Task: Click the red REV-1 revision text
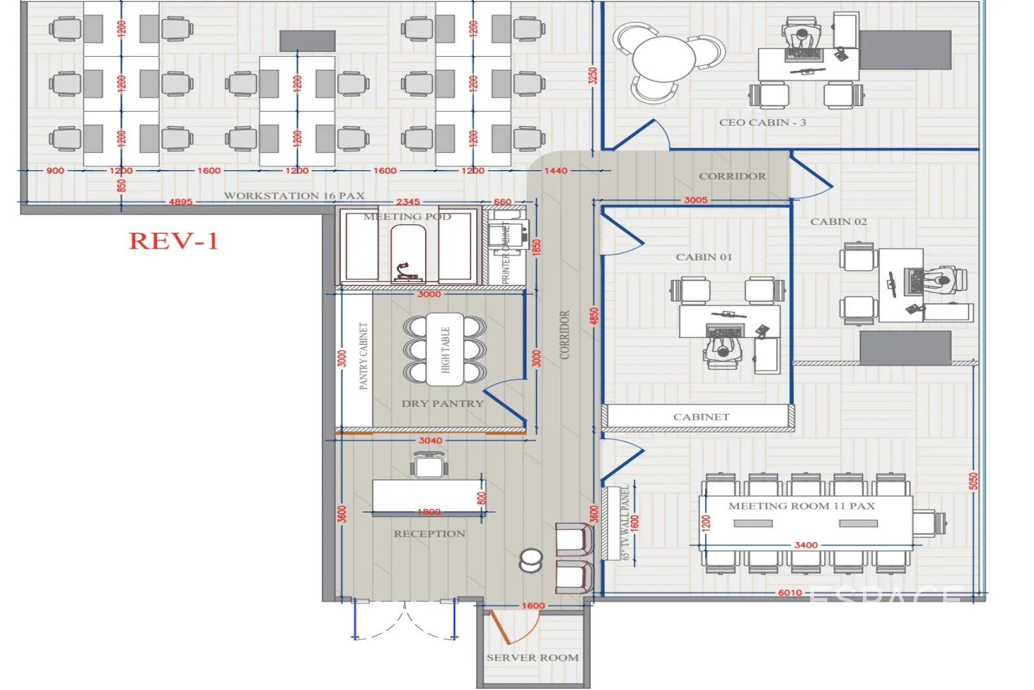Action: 174,241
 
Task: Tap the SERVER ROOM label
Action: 532,657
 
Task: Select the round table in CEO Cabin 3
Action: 664,59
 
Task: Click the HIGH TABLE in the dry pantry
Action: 445,349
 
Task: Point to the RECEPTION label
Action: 429,533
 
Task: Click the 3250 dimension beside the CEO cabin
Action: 593,75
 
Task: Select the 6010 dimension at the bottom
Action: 790,592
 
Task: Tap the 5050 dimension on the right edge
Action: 973,481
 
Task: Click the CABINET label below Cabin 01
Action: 701,417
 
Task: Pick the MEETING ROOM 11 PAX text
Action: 802,505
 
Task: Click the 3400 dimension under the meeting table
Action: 805,545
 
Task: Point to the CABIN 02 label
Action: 838,222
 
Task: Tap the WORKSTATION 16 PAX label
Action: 294,195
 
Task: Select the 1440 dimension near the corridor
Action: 555,171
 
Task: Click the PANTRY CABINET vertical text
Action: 363,356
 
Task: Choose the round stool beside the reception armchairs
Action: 531,560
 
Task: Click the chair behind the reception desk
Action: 429,465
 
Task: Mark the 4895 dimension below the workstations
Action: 181,201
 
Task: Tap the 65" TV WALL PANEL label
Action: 626,522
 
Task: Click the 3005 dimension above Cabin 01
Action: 695,200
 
